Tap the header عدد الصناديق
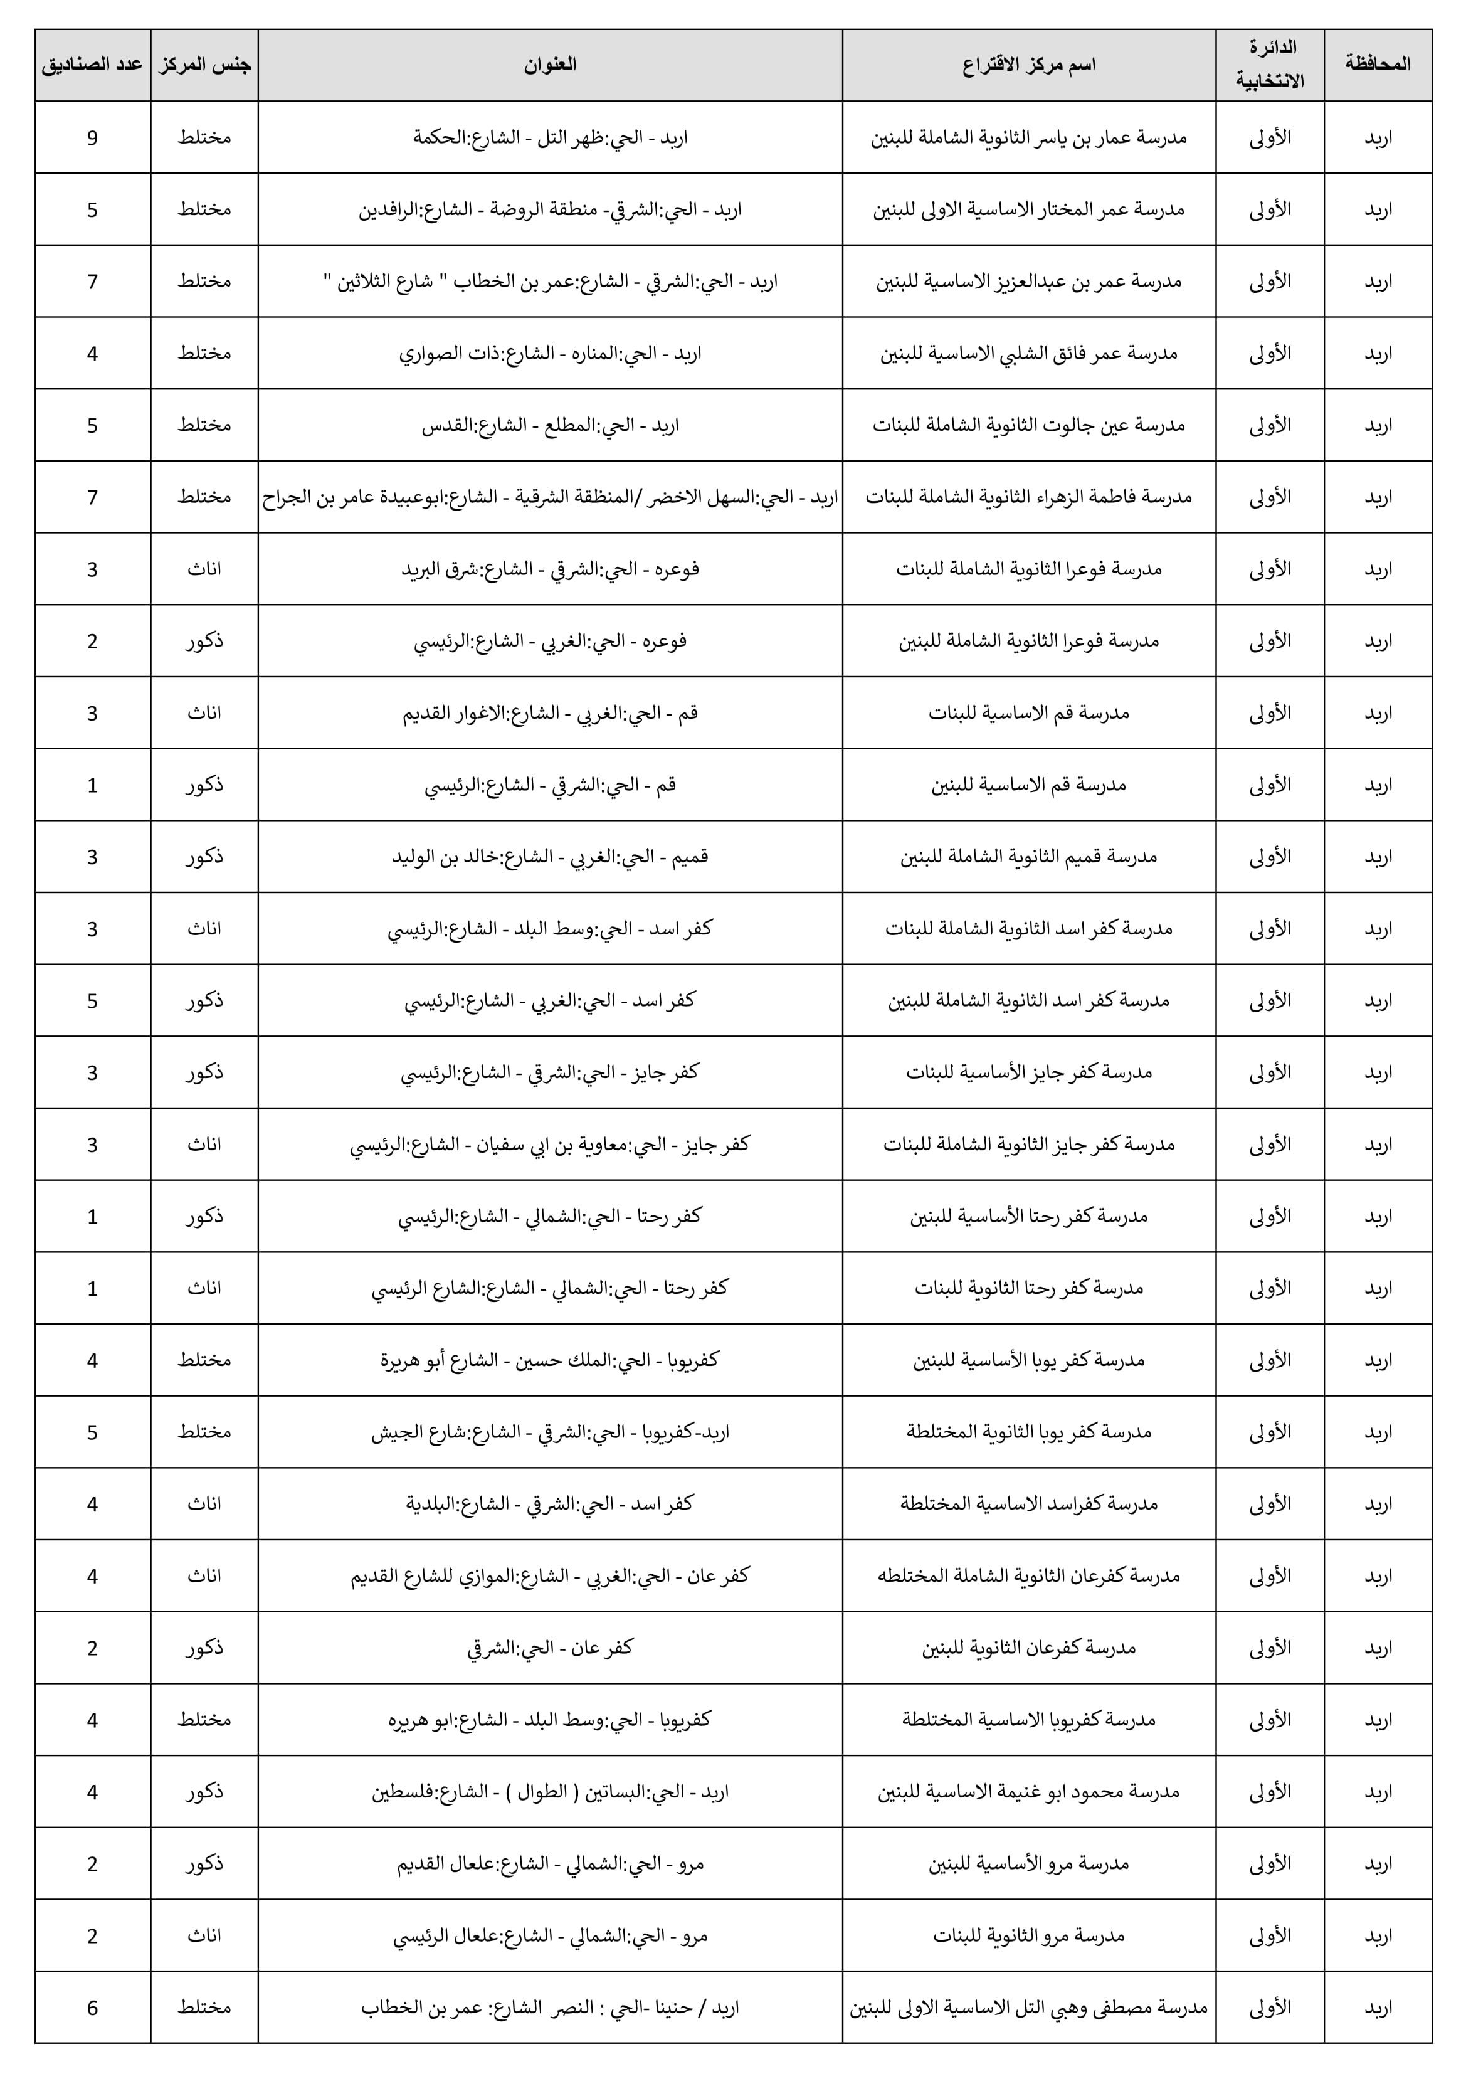[x=92, y=65]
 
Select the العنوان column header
[x=549, y=65]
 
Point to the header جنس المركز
[x=204, y=65]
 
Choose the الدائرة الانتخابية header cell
[x=1269, y=65]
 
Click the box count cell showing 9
[x=92, y=137]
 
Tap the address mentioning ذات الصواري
[x=549, y=353]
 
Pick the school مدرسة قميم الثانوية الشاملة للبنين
[x=1028, y=856]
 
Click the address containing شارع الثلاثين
[x=549, y=281]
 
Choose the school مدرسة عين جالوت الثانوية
[x=1028, y=425]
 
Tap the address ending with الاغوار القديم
[x=549, y=712]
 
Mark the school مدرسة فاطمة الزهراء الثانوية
[x=1028, y=497]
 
